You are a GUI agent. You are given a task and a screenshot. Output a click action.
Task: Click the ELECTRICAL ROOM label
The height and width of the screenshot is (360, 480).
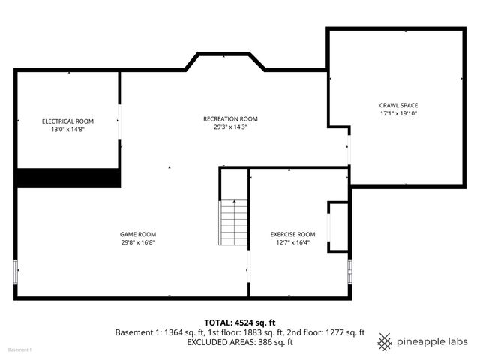(67, 121)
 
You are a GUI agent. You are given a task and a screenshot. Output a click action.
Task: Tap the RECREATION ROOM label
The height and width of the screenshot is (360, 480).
(230, 118)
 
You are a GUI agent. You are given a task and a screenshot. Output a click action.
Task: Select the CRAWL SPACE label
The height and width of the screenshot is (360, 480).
(398, 105)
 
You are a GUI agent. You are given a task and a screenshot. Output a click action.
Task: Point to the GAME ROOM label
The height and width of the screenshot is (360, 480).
(139, 234)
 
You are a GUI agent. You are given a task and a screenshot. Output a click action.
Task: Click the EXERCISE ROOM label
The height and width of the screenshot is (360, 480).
(293, 234)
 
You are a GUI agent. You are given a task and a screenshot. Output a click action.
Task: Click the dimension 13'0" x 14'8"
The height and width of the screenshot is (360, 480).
(67, 129)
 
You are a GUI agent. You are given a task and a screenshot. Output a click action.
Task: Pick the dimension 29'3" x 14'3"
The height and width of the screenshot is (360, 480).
(230, 127)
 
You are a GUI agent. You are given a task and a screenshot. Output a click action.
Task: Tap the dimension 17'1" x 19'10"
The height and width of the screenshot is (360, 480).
(398, 113)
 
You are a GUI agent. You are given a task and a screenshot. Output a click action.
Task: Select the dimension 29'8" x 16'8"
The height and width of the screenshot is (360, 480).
(139, 242)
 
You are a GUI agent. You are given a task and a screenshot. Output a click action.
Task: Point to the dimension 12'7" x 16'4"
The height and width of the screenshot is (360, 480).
(293, 242)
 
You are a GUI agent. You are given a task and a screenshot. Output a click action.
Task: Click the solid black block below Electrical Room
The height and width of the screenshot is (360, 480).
(68, 178)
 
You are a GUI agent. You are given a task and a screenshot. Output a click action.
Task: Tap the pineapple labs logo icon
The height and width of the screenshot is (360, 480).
(385, 341)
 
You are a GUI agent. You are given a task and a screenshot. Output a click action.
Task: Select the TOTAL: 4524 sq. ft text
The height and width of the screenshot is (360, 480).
(239, 322)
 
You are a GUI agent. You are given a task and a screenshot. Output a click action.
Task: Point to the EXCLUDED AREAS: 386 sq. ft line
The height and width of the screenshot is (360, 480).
(239, 342)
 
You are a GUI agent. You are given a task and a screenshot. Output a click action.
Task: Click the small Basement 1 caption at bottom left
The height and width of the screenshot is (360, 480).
(20, 350)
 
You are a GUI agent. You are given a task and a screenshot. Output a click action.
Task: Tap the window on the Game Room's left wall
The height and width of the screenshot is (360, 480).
(16, 271)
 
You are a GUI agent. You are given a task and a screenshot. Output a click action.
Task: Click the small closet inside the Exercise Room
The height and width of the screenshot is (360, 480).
(338, 226)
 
